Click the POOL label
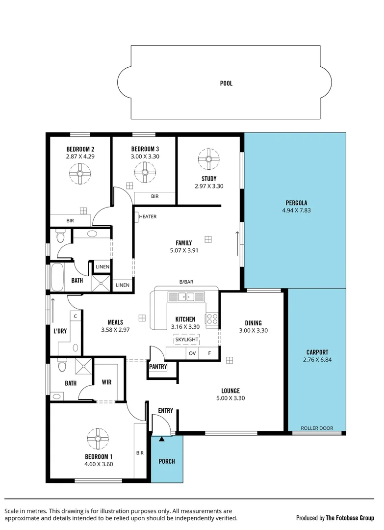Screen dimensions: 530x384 [226, 83]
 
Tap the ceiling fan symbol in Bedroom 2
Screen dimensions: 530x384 [80, 173]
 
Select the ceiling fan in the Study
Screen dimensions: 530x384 [208, 159]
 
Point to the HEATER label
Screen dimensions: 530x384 [148, 216]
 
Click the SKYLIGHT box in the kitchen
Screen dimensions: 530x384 [186, 340]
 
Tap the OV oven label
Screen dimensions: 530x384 [192, 353]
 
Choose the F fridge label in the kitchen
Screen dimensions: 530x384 [209, 353]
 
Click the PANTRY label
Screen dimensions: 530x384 [158, 367]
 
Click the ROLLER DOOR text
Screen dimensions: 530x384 [317, 428]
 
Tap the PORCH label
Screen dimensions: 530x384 [166, 461]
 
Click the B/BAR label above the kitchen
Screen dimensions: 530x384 [186, 282]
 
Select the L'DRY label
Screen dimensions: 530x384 [60, 331]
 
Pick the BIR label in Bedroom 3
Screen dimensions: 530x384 [155, 196]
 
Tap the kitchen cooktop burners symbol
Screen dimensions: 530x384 [212, 319]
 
